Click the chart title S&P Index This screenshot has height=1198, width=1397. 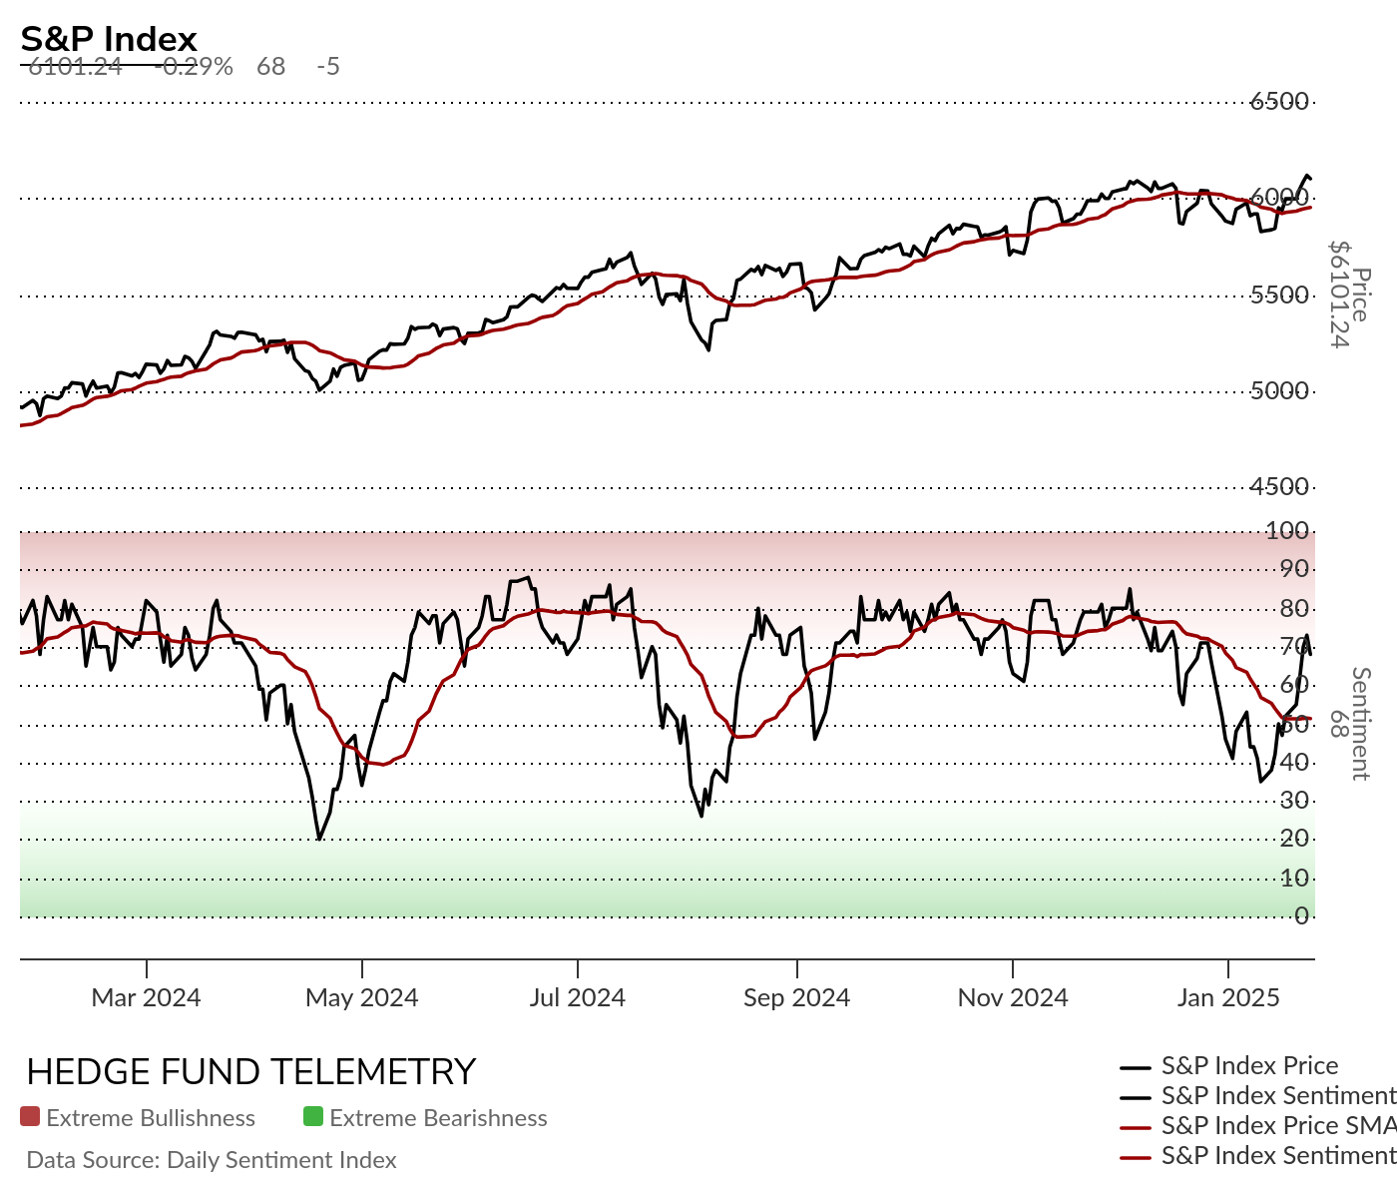(109, 39)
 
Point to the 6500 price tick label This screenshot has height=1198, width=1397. (1279, 101)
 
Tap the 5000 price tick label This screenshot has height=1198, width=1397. (1279, 390)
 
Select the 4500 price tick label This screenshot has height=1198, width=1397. (1279, 486)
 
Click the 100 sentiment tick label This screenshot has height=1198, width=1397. (1287, 530)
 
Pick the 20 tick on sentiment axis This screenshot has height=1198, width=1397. (1294, 839)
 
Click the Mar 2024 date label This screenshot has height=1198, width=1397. (146, 997)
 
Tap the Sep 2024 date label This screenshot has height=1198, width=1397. (796, 997)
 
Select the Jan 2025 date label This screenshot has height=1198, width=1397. (1227, 997)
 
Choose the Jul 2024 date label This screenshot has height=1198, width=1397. (577, 997)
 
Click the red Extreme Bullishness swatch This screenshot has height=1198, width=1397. (30, 1117)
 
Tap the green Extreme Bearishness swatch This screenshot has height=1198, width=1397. (313, 1117)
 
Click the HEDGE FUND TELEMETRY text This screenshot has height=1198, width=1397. (250, 1071)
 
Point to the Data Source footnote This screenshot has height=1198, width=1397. (212, 1160)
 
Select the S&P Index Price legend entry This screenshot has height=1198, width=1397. (1249, 1066)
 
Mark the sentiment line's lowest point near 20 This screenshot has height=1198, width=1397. (319, 839)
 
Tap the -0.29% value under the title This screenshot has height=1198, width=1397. (196, 67)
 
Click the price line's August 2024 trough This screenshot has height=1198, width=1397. (708, 349)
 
